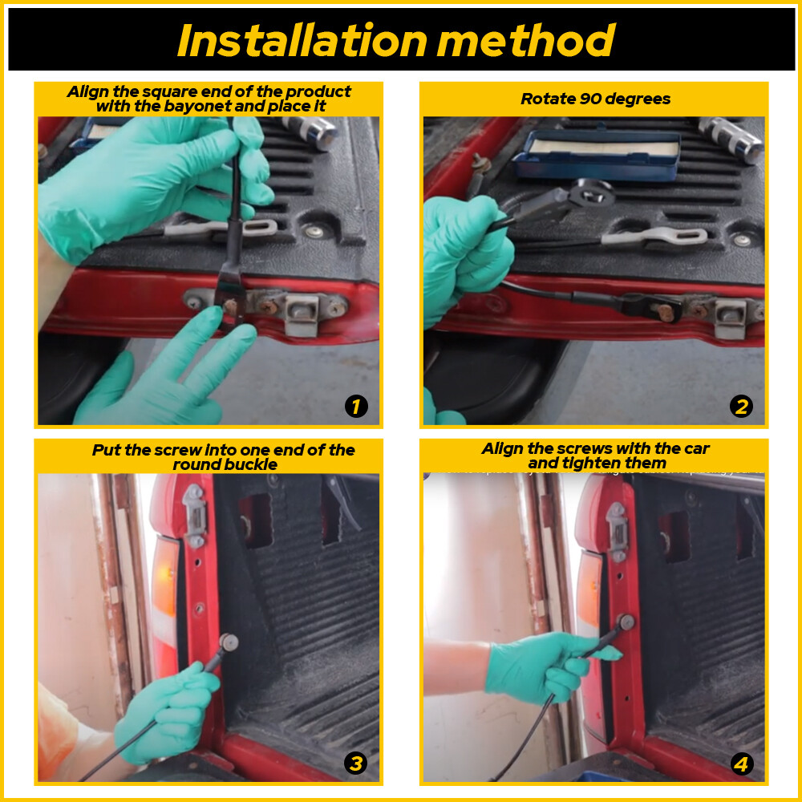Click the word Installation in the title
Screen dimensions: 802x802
[x=302, y=40]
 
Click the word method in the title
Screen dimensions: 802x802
[x=526, y=40]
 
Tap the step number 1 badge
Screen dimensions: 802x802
[x=356, y=407]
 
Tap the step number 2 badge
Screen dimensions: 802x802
[x=741, y=407]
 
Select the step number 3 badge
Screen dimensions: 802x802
[x=355, y=764]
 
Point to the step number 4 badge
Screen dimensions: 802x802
[x=741, y=764]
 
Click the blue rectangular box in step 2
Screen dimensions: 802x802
[x=597, y=152]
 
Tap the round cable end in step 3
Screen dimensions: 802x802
[x=228, y=642]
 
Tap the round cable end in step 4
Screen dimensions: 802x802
[x=626, y=622]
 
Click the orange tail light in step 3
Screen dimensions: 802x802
[x=164, y=593]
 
